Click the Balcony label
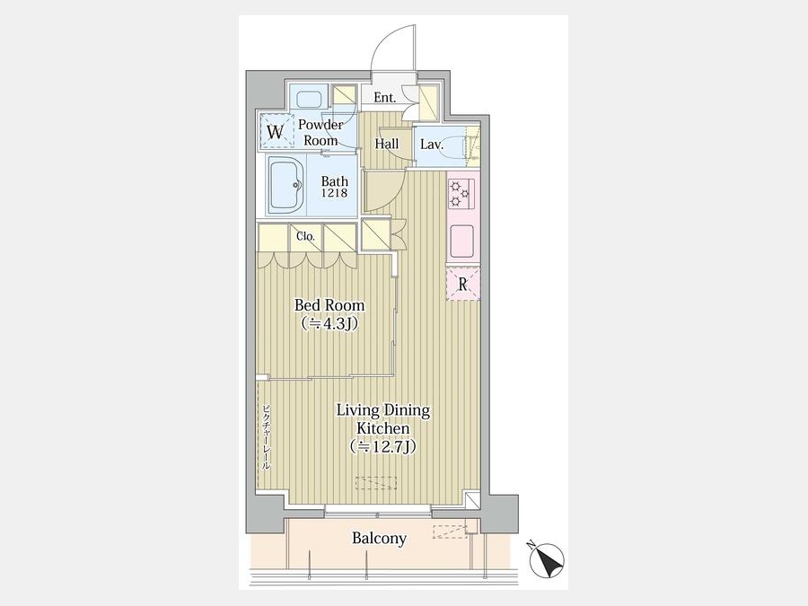coord(379,539)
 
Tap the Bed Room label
coord(329,305)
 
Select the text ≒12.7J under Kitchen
coord(382,446)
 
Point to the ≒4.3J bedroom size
coord(329,323)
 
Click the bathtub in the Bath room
coord(286,185)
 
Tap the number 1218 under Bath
coord(335,193)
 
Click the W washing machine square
coord(275,132)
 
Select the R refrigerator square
coord(462,284)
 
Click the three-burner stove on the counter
coord(459,194)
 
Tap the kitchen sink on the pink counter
coord(462,242)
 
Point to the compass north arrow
coord(548,559)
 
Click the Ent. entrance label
coord(384,97)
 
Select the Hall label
coord(386,144)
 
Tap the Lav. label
coord(432,145)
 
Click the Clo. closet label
coord(305,236)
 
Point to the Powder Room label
coord(321,133)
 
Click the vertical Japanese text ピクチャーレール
coord(266,437)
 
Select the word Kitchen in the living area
coord(383,428)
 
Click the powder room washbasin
coord(309,99)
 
